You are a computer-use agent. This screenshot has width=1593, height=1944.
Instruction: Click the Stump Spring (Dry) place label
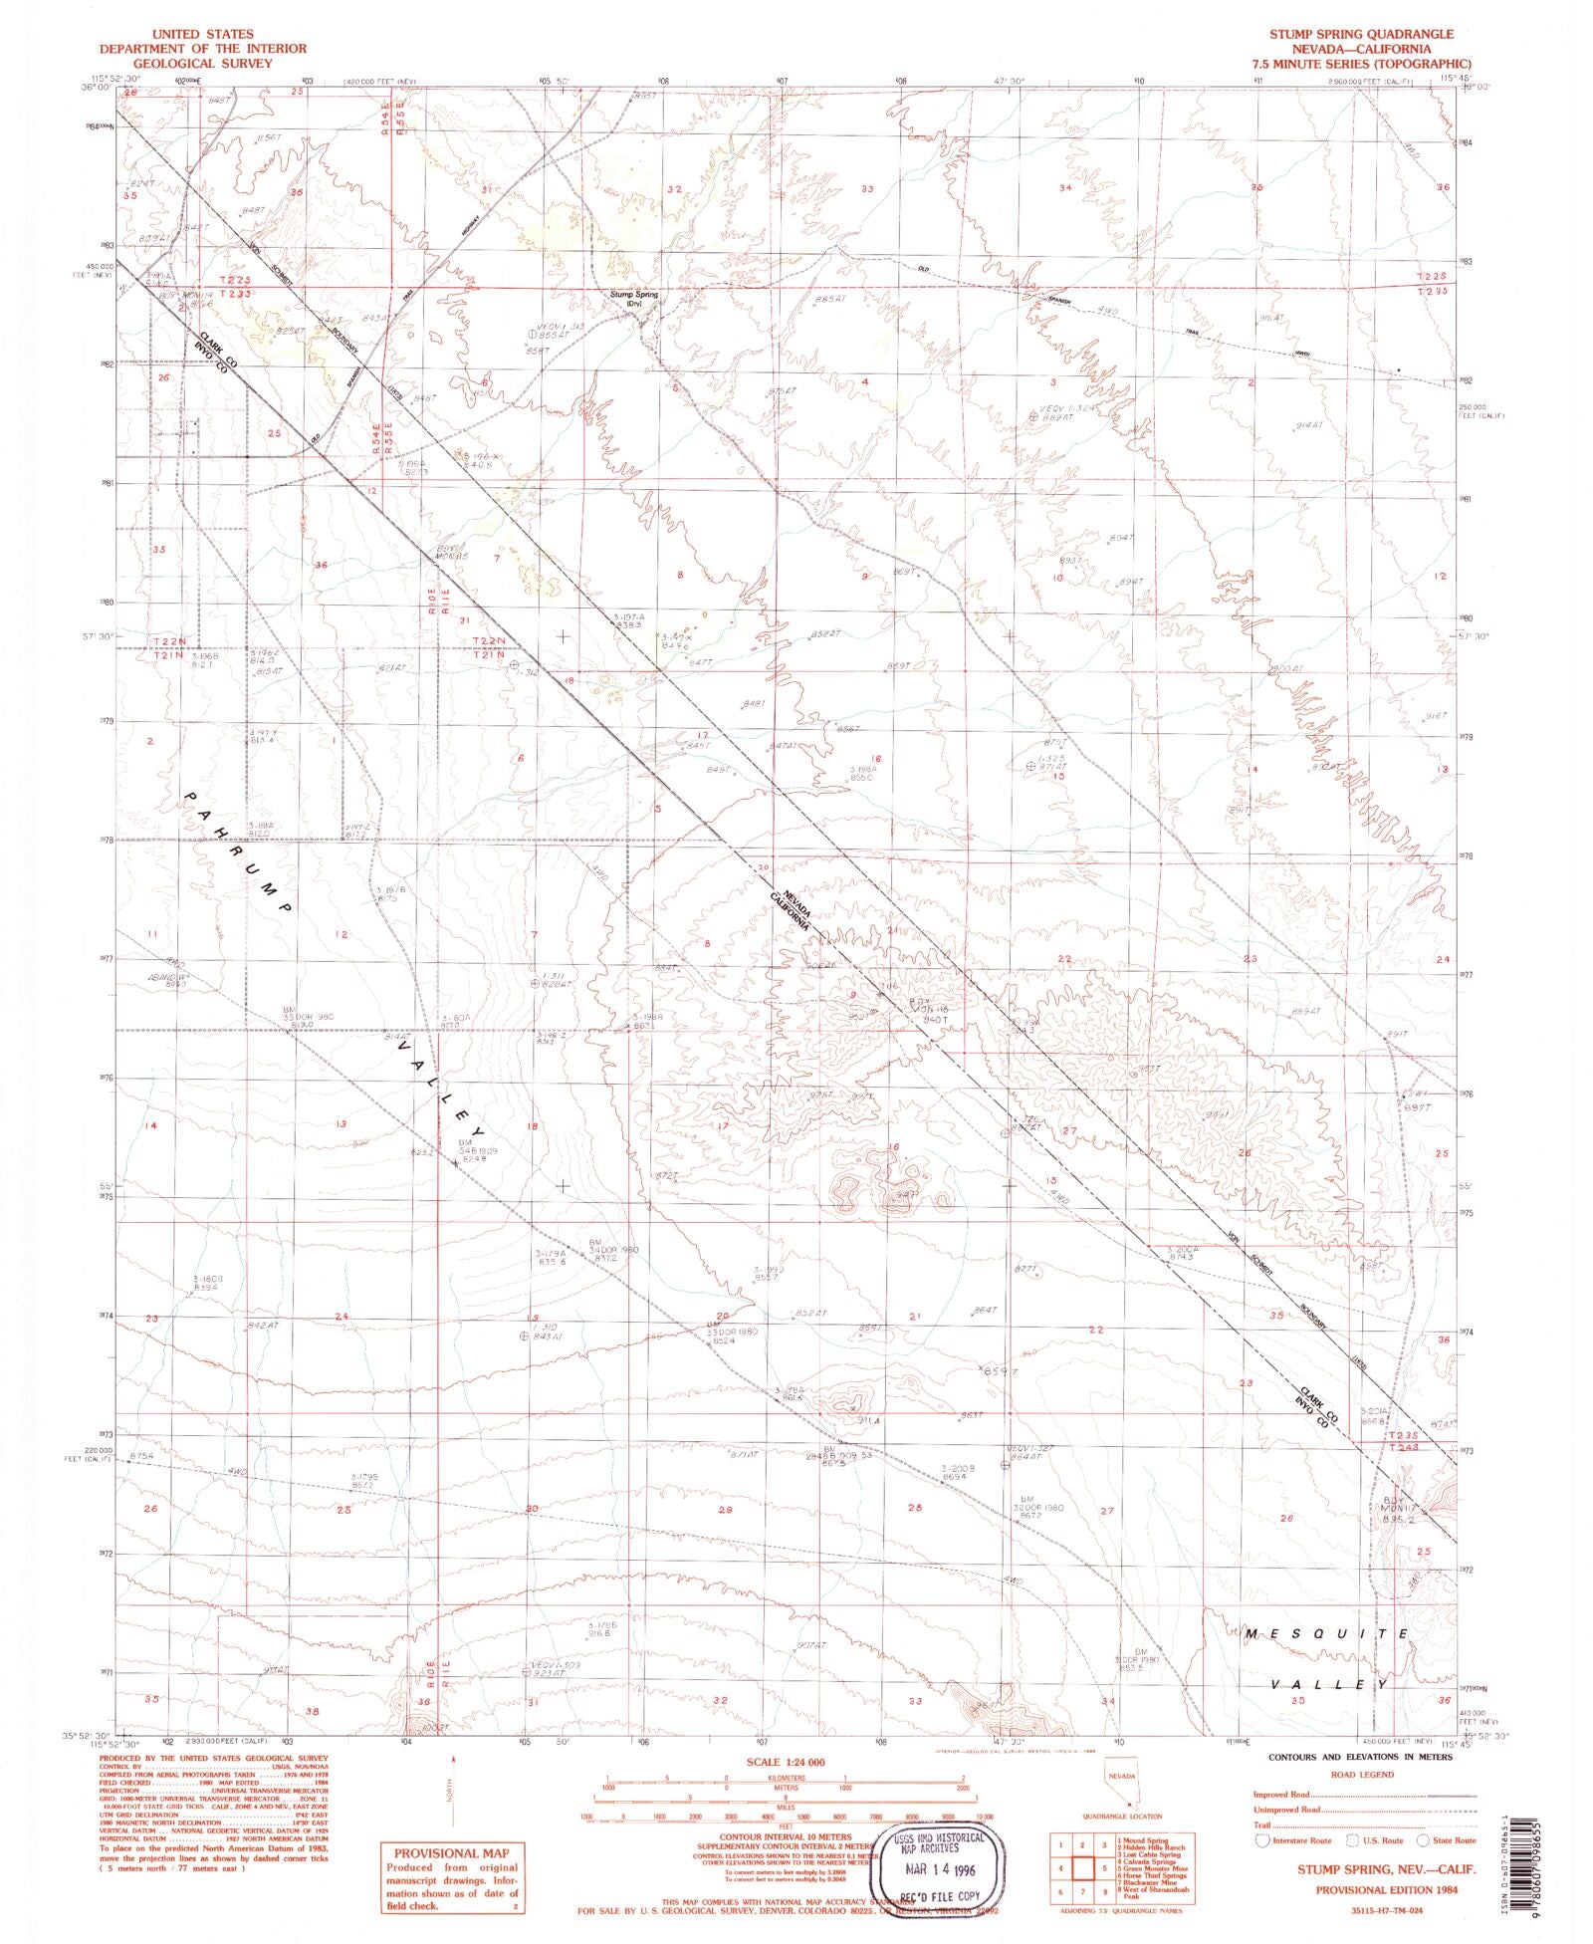tap(634, 297)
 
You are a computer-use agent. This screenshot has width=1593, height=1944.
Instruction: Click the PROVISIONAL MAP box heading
tap(448, 1852)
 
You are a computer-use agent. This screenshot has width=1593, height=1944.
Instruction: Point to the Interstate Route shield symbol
tap(1264, 1840)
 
